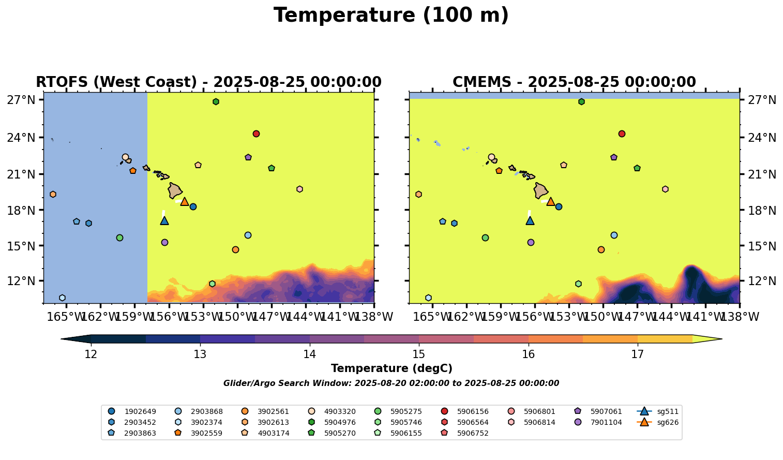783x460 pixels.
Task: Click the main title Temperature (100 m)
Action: point(391,16)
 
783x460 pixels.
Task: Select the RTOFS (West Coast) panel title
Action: point(208,82)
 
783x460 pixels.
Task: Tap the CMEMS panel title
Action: point(574,82)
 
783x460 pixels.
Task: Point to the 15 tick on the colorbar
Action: point(419,354)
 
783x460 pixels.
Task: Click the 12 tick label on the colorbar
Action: point(91,354)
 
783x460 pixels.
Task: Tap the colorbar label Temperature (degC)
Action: point(392,368)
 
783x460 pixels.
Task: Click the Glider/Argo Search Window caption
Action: point(391,383)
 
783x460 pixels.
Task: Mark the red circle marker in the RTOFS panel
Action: point(256,133)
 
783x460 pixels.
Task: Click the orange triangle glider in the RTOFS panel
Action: point(185,201)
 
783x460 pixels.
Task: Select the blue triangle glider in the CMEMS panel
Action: point(530,220)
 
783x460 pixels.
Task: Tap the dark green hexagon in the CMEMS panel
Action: point(581,101)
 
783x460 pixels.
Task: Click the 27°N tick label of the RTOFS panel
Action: point(21,100)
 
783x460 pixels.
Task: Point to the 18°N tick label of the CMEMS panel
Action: point(761,211)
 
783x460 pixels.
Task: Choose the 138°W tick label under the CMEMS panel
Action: point(740,317)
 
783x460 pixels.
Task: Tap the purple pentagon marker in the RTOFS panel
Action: point(248,157)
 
